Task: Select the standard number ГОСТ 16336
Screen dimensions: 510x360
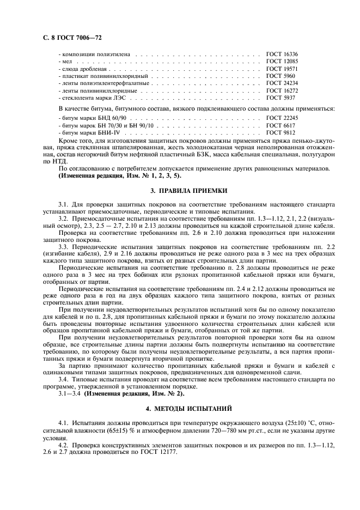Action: [282, 55]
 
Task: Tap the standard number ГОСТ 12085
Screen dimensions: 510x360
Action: [282, 62]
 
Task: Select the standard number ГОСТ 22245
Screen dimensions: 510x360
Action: [282, 118]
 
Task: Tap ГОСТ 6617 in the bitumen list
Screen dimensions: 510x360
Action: [280, 125]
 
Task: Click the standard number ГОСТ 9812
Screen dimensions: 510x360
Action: [280, 132]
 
